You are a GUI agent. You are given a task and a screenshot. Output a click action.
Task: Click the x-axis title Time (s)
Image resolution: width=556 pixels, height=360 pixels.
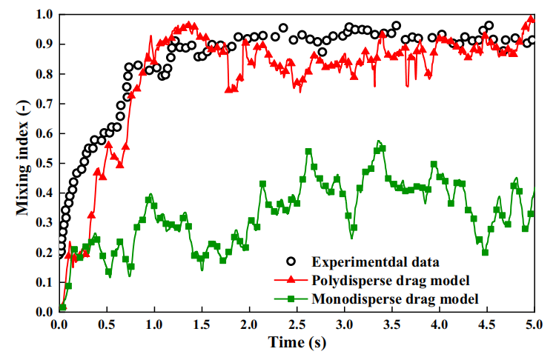tap(296, 344)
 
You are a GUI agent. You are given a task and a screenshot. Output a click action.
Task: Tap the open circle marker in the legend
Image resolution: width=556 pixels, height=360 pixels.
tap(291, 261)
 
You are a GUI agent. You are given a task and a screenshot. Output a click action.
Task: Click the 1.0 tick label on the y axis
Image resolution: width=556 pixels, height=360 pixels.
tap(45, 15)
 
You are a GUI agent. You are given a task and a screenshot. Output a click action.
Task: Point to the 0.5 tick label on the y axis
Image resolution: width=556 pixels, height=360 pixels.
tap(45, 163)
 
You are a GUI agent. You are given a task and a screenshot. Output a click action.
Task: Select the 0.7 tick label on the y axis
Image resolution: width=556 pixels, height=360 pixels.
tap(45, 104)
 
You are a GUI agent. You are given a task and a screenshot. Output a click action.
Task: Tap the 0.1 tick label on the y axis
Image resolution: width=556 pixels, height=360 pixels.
tap(45, 282)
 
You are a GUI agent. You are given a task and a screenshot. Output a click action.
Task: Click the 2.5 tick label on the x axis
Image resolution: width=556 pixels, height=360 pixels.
tap(297, 324)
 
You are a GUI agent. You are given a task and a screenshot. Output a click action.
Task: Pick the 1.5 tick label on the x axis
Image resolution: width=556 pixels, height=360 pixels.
tap(202, 324)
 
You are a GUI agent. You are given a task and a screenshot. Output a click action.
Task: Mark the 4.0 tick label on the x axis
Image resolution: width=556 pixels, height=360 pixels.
tap(439, 324)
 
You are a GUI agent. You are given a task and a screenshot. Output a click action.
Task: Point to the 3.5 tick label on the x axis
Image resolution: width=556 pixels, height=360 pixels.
tap(391, 324)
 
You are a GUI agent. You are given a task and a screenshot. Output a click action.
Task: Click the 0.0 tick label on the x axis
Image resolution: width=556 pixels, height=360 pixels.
tap(59, 324)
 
